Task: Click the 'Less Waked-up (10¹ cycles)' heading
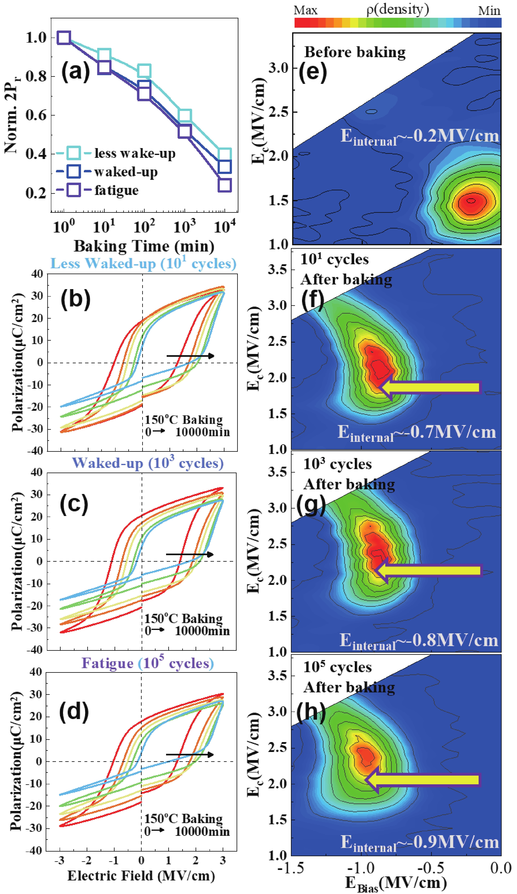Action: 143,264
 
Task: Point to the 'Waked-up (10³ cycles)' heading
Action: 148,463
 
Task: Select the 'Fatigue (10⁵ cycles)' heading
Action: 148,663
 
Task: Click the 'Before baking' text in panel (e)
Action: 355,52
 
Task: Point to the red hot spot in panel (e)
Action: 471,201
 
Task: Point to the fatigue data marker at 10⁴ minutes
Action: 225,185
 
